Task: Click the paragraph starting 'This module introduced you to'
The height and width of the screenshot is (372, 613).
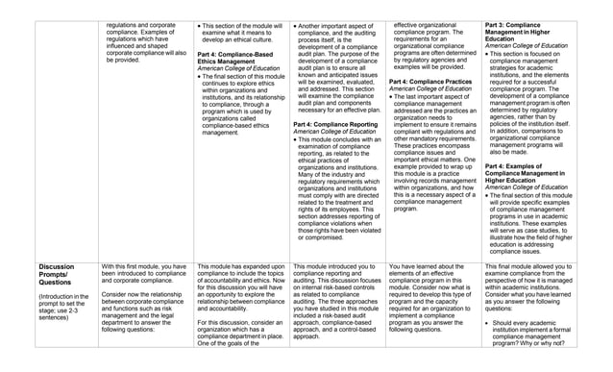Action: tap(334, 300)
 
